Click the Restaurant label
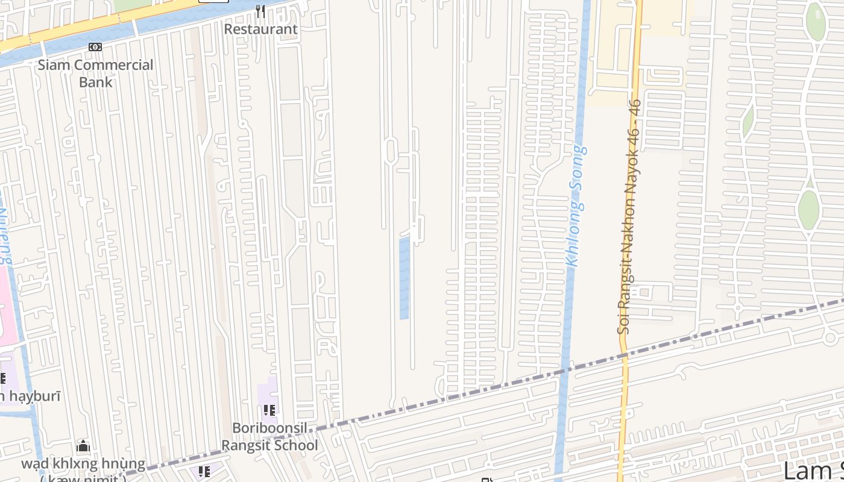[x=260, y=29]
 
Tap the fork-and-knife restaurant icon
[x=260, y=11]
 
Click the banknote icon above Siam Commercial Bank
[x=95, y=47]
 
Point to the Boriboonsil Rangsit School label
[x=269, y=437]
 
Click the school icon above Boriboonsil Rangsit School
[x=269, y=410]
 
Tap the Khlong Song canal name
[x=575, y=205]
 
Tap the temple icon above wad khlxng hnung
[x=83, y=446]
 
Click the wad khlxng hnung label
[x=83, y=465]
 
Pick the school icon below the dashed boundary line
[x=204, y=471]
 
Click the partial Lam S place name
[x=814, y=470]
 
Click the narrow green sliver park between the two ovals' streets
[x=748, y=120]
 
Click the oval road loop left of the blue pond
[x=390, y=151]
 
